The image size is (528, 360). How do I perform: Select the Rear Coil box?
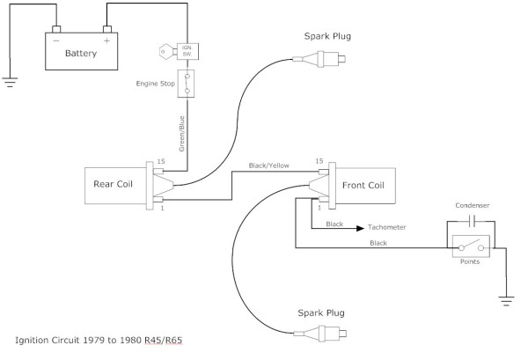click(112, 184)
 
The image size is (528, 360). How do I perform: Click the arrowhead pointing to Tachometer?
click(359, 226)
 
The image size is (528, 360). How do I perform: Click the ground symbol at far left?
click(9, 82)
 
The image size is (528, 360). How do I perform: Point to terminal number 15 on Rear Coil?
click(161, 161)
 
